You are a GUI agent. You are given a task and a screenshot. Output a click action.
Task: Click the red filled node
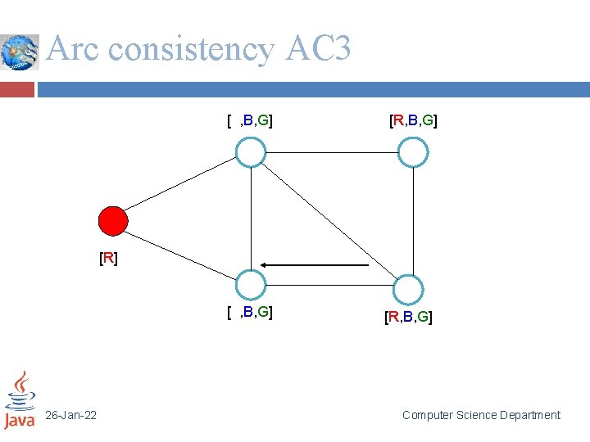(x=113, y=221)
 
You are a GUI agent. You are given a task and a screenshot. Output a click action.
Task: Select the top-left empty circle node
(x=251, y=152)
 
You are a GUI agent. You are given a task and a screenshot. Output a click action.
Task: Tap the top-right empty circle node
(x=413, y=152)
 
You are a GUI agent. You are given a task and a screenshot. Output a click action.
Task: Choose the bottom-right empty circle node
(x=407, y=290)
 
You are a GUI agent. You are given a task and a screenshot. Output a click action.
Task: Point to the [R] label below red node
(x=108, y=259)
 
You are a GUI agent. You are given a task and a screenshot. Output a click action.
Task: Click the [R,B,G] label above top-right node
(x=413, y=122)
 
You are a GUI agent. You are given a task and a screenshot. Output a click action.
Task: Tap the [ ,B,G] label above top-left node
(x=250, y=122)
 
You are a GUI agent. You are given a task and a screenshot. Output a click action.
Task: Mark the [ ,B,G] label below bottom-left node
(x=250, y=312)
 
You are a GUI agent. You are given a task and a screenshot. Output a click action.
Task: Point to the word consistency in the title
(x=190, y=50)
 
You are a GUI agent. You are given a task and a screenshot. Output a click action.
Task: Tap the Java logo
(x=20, y=400)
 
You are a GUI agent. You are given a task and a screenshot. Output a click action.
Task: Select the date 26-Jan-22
(x=70, y=416)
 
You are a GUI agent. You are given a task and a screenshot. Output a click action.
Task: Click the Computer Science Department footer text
(x=481, y=416)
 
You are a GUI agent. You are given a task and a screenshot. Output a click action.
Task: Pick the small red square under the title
(x=17, y=89)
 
